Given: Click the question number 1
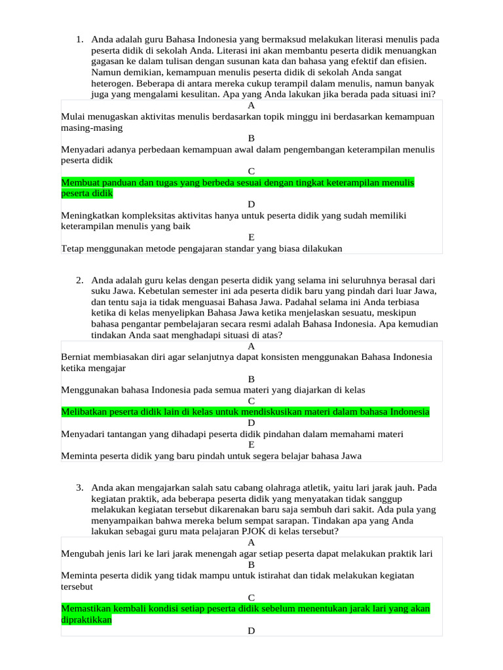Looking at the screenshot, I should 79,39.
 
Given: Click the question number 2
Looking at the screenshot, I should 79,280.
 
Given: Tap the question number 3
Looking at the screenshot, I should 79,487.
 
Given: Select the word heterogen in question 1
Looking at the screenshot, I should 111,84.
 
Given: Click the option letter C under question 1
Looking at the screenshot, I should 251,171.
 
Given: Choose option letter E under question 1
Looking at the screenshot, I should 251,237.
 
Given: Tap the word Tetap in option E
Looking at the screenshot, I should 73,248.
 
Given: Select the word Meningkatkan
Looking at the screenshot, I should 90,215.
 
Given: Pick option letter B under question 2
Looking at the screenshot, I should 251,379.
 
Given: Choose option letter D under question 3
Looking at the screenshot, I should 251,631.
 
